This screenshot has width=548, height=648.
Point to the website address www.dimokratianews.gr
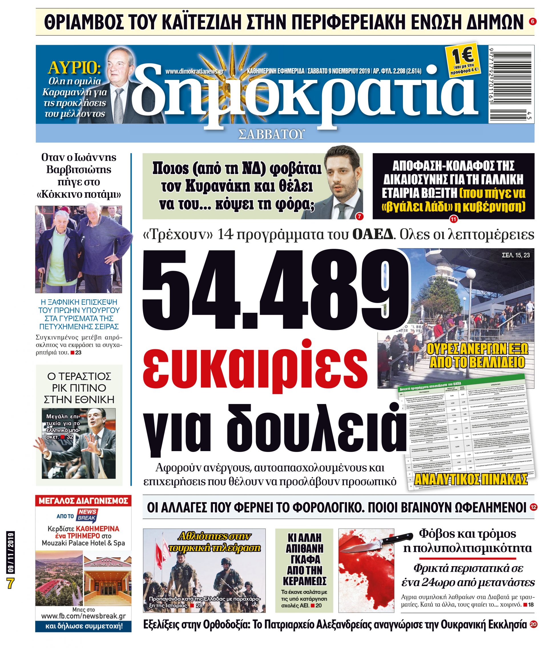point(194,72)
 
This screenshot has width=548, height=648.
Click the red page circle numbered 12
point(533,507)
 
